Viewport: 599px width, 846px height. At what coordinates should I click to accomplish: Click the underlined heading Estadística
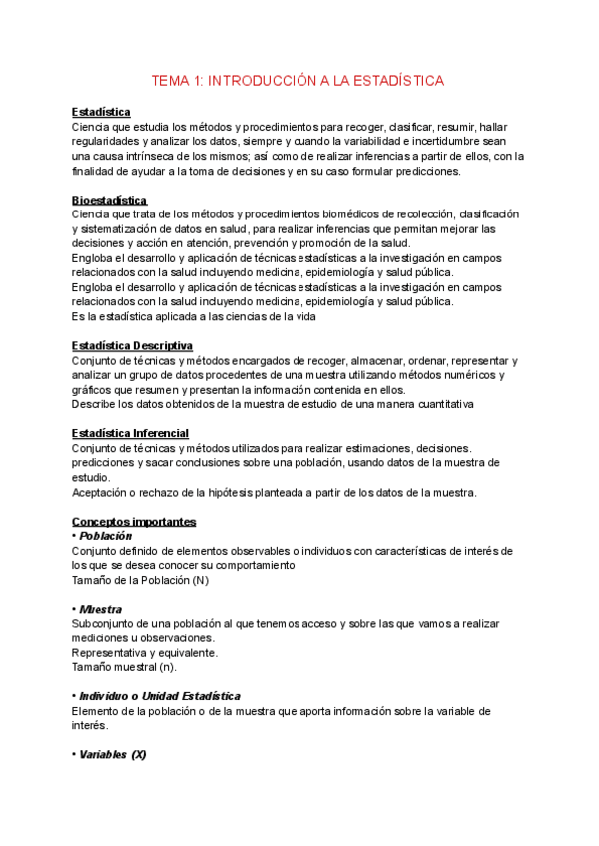[102, 113]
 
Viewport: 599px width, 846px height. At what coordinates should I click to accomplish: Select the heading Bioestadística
[110, 201]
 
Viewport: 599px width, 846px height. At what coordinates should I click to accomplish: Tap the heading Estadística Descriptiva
[132, 345]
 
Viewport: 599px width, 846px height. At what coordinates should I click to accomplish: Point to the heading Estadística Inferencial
[131, 433]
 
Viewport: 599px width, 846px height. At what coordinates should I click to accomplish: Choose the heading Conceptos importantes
[134, 521]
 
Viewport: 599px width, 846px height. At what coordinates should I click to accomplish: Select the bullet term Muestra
[101, 608]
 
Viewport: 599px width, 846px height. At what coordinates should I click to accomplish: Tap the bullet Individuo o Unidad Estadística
[160, 695]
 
